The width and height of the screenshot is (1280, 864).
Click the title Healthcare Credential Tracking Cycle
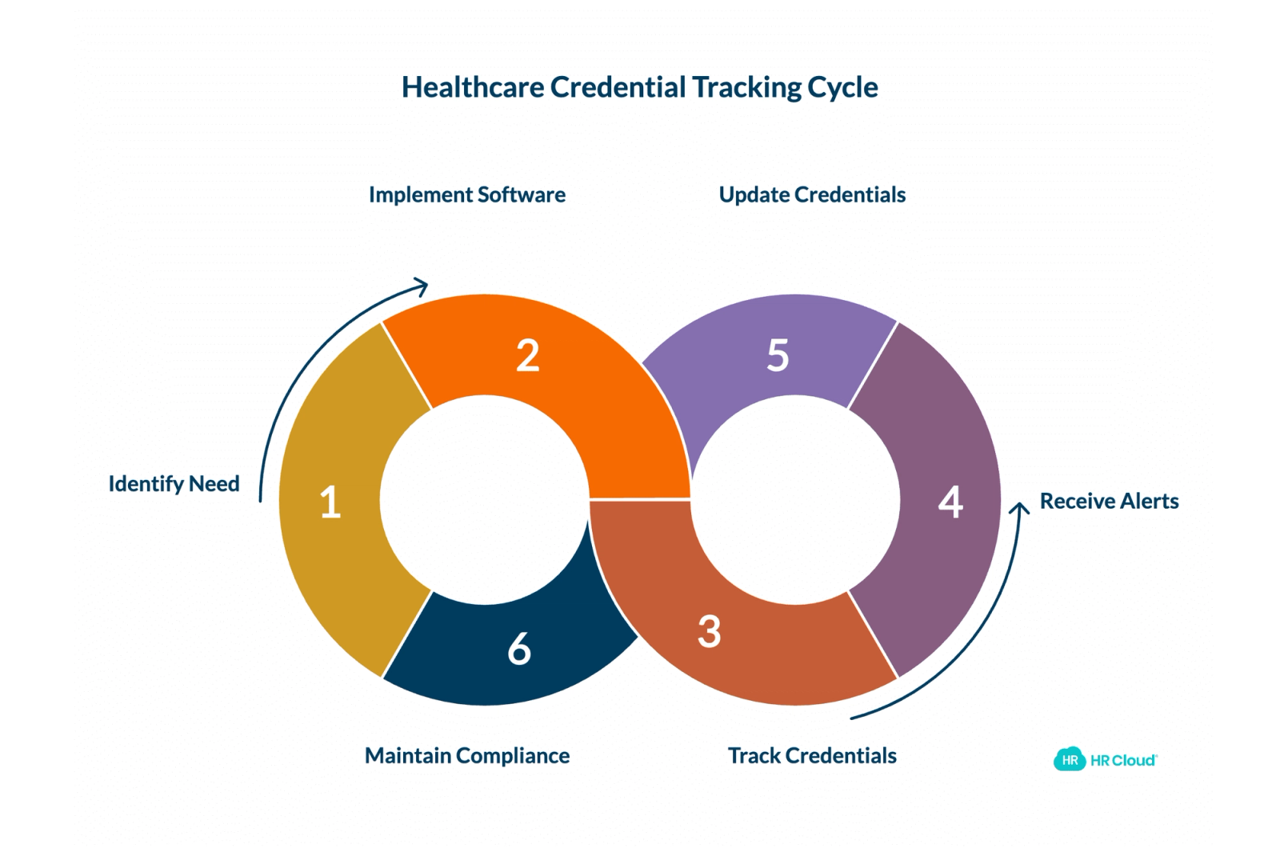coord(639,87)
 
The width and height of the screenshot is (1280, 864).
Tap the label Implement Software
coord(467,195)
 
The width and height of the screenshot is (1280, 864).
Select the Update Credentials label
coord(812,195)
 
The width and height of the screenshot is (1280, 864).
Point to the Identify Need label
coord(174,484)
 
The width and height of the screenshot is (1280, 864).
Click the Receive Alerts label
coord(1109,501)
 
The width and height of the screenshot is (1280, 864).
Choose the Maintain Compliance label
coord(467,756)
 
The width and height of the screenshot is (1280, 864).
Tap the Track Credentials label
coord(812,755)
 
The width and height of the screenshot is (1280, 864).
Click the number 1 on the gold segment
coord(330,502)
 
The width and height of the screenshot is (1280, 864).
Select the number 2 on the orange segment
coord(527,355)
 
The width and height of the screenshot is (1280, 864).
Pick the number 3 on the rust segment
coord(709,632)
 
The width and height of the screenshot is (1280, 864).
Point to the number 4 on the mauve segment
coord(950,502)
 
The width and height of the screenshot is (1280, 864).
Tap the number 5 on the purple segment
coord(778,355)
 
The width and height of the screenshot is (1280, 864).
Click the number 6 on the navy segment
coord(519,649)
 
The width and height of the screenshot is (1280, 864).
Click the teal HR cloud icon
coord(1070,759)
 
